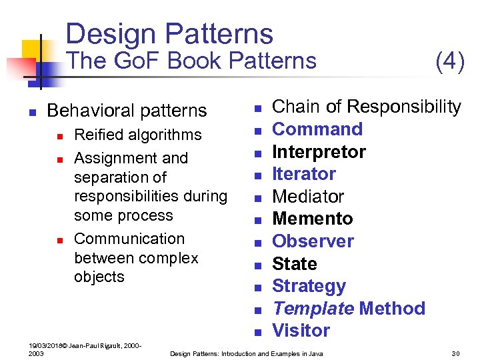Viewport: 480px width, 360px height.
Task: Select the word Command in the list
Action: [317, 129]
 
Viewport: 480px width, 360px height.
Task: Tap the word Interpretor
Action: [319, 152]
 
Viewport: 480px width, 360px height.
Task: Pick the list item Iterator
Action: [304, 174]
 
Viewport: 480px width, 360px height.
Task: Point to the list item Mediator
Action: [308, 197]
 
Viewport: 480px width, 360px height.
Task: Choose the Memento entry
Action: [313, 219]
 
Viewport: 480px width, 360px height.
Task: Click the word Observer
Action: [313, 241]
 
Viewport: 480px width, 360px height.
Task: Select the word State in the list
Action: [295, 264]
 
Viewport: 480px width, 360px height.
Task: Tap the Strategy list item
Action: [309, 286]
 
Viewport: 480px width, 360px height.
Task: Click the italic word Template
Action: [313, 309]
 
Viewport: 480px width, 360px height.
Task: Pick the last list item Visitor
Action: [301, 331]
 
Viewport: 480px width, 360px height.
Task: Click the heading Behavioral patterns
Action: [127, 110]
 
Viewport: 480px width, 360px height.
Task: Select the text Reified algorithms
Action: [138, 135]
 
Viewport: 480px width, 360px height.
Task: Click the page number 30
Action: [456, 353]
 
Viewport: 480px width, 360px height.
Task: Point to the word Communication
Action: [129, 239]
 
